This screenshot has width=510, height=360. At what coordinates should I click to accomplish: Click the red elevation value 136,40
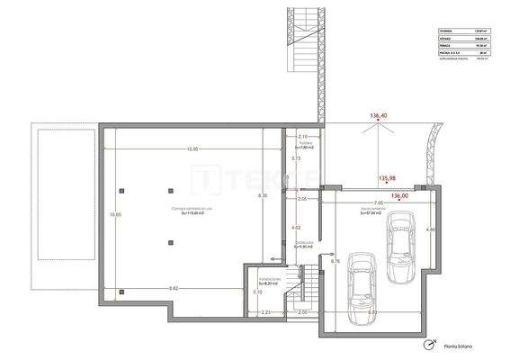point(380,116)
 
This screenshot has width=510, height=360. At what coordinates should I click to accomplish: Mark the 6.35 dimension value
point(263,195)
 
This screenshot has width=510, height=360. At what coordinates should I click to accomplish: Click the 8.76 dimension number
point(335,261)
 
